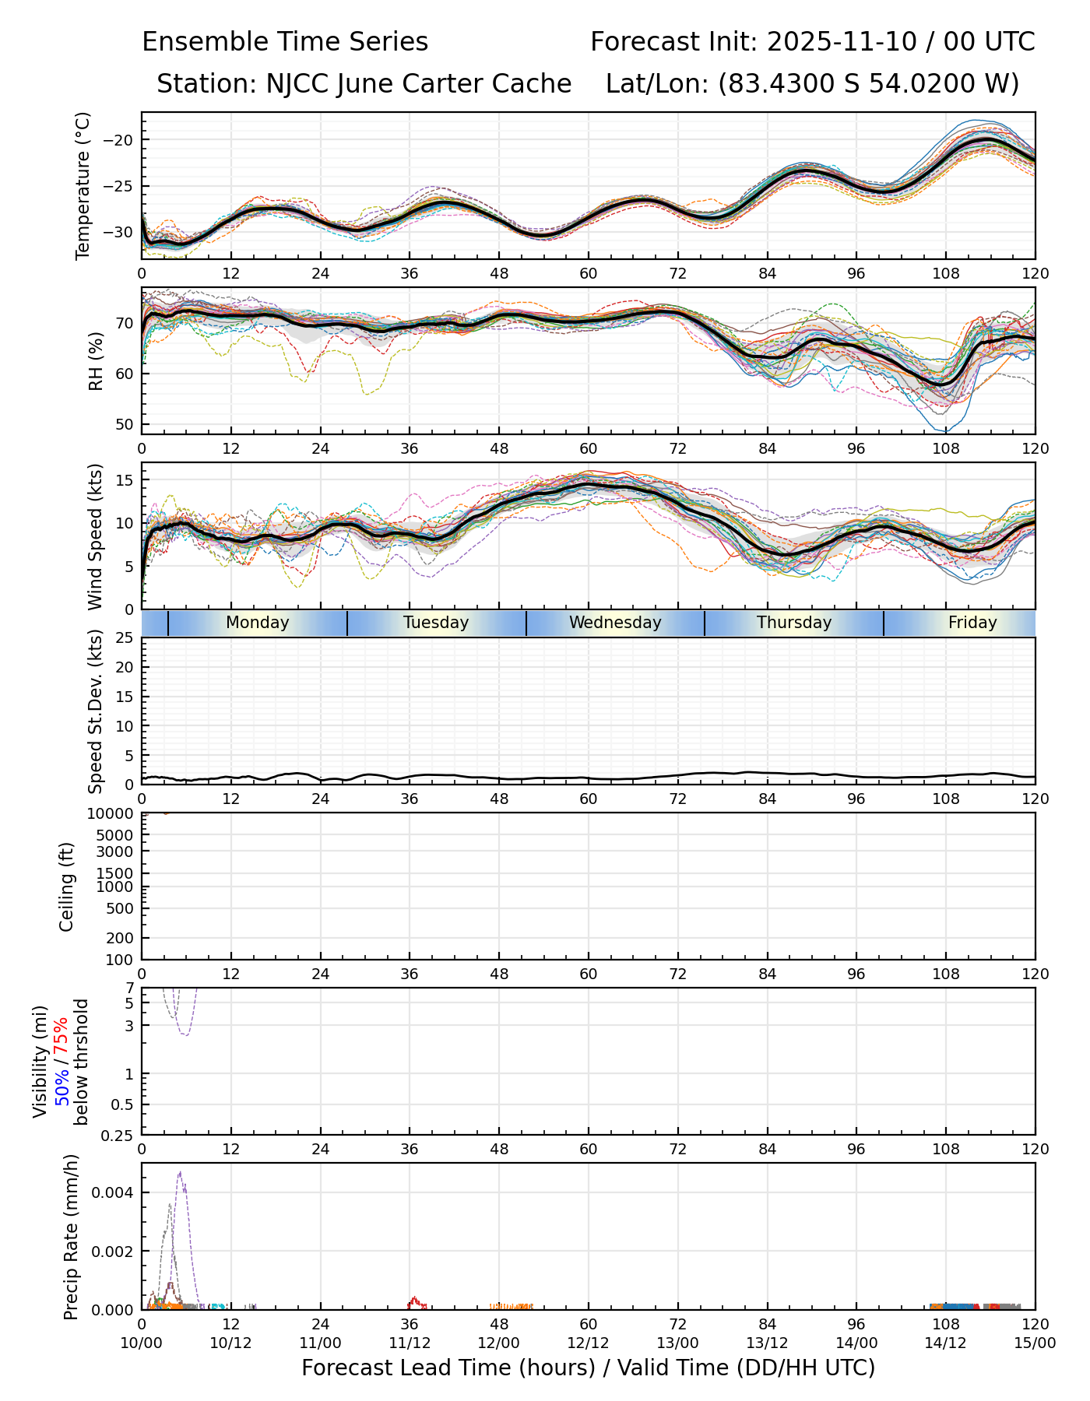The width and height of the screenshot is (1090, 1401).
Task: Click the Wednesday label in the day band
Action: [x=615, y=623]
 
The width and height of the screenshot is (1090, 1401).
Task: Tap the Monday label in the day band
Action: [x=257, y=623]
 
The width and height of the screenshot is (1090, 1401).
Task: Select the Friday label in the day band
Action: [x=972, y=623]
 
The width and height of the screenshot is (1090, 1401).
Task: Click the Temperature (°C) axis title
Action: [x=83, y=185]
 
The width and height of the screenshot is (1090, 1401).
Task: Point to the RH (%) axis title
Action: [x=96, y=360]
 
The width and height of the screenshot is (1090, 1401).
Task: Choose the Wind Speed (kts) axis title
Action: [x=95, y=536]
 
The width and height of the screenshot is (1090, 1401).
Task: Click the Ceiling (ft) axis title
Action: [x=67, y=887]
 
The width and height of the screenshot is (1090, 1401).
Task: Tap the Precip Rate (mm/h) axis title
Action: [x=72, y=1237]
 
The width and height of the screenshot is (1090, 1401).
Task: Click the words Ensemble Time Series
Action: [x=285, y=42]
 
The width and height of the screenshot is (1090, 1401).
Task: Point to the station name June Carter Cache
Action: [x=453, y=83]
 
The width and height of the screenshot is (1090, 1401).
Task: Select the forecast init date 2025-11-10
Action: [x=842, y=42]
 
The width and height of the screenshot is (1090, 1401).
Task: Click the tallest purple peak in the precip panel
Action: [x=180, y=1172]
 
